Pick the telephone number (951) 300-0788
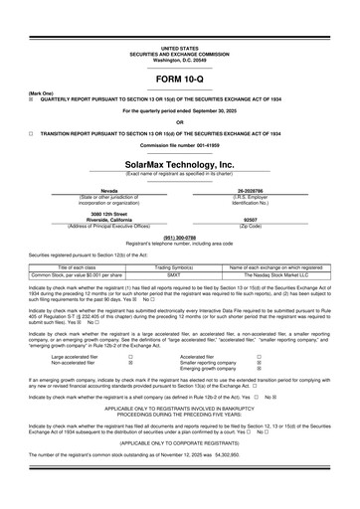point(179,238)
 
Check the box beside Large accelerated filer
point(131,355)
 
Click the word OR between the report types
point(179,122)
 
